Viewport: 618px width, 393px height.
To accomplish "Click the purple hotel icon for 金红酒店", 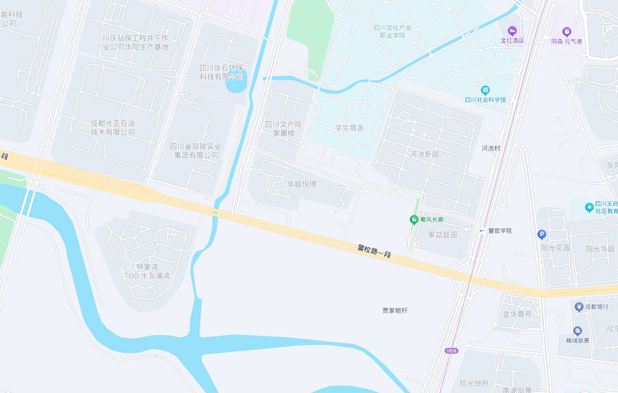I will (x=512, y=30).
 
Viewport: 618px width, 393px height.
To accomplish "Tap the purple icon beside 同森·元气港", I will (x=566, y=31).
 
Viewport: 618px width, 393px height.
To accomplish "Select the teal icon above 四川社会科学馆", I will (x=485, y=90).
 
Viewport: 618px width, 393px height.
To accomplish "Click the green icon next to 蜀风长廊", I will (x=414, y=219).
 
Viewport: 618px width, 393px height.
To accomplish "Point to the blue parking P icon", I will (x=542, y=235).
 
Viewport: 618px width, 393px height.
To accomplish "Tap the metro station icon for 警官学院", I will (x=482, y=231).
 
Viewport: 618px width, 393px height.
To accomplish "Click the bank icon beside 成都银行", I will (x=578, y=307).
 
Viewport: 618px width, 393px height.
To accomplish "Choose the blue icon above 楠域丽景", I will (x=578, y=331).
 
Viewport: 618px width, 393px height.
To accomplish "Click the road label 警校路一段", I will (x=374, y=251).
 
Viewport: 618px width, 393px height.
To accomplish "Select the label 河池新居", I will (x=424, y=154).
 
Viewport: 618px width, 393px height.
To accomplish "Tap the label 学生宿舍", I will (x=349, y=127).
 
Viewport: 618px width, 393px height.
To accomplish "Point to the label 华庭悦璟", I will (x=302, y=184).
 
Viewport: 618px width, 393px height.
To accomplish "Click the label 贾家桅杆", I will (x=395, y=310).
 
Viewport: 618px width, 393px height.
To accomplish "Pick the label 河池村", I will (x=490, y=148).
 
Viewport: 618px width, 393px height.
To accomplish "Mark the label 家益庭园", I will (x=443, y=235).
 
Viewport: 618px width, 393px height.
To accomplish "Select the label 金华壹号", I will (x=517, y=314).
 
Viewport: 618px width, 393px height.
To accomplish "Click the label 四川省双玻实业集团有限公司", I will (x=196, y=150).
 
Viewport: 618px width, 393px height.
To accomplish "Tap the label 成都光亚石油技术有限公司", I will (x=113, y=127).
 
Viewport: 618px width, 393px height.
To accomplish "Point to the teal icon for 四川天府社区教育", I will (x=589, y=207).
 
